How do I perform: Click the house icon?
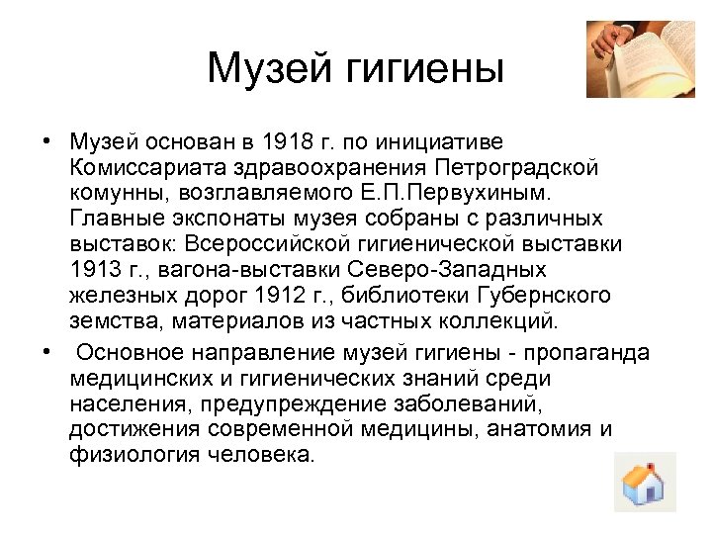(644, 483)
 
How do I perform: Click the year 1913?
(95, 269)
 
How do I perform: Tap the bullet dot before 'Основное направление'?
(47, 352)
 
